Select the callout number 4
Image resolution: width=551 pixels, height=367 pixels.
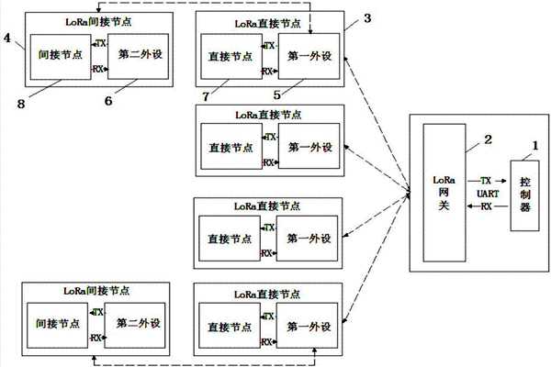(7, 40)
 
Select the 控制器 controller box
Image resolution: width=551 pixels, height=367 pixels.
(524, 194)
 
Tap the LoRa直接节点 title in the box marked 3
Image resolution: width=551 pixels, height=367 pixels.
(268, 20)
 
